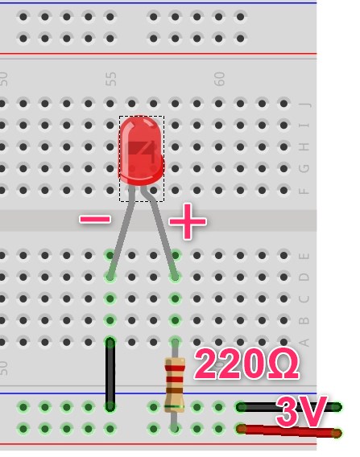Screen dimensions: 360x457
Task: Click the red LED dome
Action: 141,150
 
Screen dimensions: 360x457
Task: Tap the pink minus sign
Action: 95,219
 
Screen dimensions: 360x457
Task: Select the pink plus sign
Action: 188,221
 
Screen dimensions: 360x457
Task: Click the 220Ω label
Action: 246,364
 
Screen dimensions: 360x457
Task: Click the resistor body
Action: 175,385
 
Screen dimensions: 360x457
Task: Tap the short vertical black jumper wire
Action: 110,374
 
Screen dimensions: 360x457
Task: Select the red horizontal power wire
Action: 289,431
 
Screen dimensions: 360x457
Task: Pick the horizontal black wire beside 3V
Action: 289,407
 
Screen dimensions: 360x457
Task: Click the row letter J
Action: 304,104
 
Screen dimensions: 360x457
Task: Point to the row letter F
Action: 304,191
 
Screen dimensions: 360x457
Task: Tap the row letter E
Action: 304,256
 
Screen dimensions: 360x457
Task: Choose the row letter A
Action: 304,343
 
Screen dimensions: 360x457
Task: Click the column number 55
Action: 111,79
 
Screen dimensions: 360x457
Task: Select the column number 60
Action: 219,79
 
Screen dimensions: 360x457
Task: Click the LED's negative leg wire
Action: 122,232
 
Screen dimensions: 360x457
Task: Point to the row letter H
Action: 304,147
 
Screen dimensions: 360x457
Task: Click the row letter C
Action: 304,299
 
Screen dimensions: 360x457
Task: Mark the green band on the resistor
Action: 175,406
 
